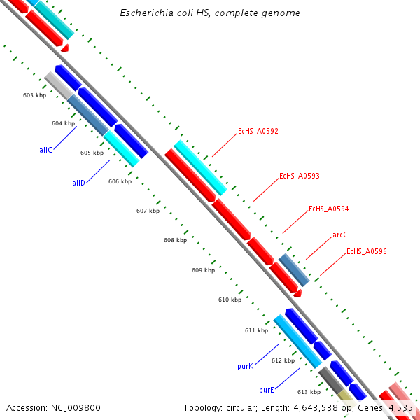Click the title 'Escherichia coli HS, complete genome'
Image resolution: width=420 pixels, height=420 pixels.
210,13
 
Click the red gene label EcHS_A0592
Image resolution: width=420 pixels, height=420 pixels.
258,131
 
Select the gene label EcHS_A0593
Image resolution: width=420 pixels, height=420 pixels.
299,176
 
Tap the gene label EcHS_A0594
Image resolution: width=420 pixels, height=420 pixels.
328,209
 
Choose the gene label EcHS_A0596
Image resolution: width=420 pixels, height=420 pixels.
367,251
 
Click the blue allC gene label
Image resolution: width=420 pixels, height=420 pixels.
45,150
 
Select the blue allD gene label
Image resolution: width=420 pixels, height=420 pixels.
78,183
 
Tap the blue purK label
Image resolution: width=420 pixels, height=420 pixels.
244,366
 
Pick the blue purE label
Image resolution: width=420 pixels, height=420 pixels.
266,390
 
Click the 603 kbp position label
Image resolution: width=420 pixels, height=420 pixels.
34,95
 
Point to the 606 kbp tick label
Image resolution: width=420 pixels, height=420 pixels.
120,181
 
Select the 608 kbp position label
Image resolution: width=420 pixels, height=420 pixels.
175,240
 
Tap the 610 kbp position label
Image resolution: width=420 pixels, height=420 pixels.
230,300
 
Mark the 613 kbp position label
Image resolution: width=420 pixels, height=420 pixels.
309,392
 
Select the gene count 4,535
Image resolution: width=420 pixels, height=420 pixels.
400,407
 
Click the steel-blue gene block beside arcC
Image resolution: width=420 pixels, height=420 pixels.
294,270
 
